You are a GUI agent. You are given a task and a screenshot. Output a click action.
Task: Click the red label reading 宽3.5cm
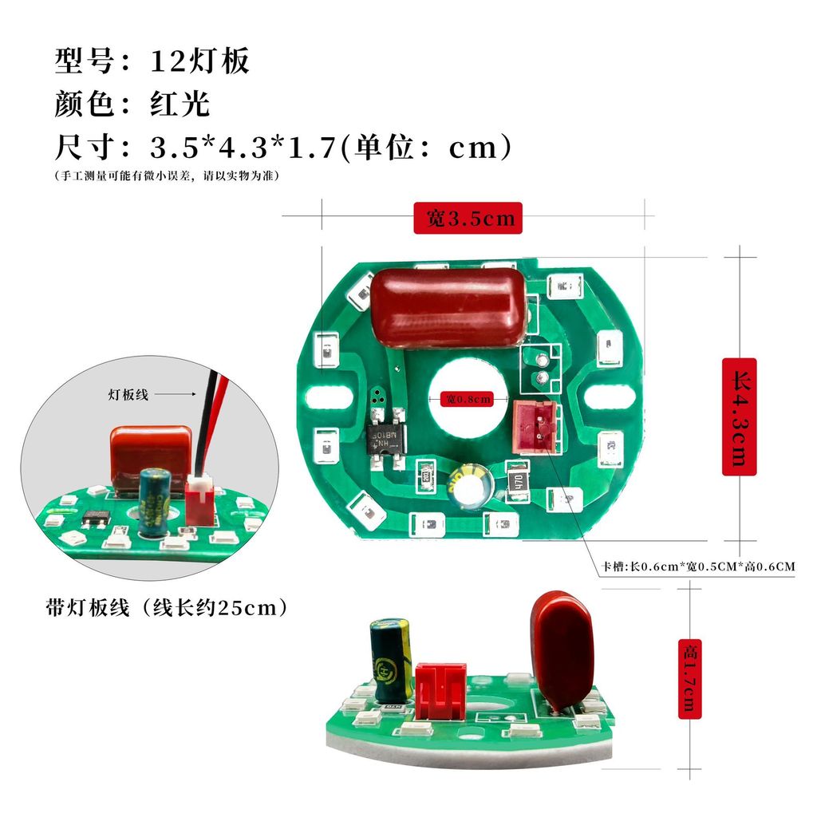468,218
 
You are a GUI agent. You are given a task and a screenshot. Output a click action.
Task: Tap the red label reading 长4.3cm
739,416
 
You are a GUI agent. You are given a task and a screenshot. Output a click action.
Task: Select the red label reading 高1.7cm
690,679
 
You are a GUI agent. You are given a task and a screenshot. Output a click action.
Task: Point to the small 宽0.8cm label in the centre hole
468,399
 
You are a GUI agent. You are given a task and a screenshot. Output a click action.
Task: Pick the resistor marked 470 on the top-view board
517,481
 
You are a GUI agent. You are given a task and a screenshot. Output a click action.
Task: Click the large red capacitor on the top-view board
448,307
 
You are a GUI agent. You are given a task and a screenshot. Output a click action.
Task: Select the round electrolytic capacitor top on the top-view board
469,487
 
